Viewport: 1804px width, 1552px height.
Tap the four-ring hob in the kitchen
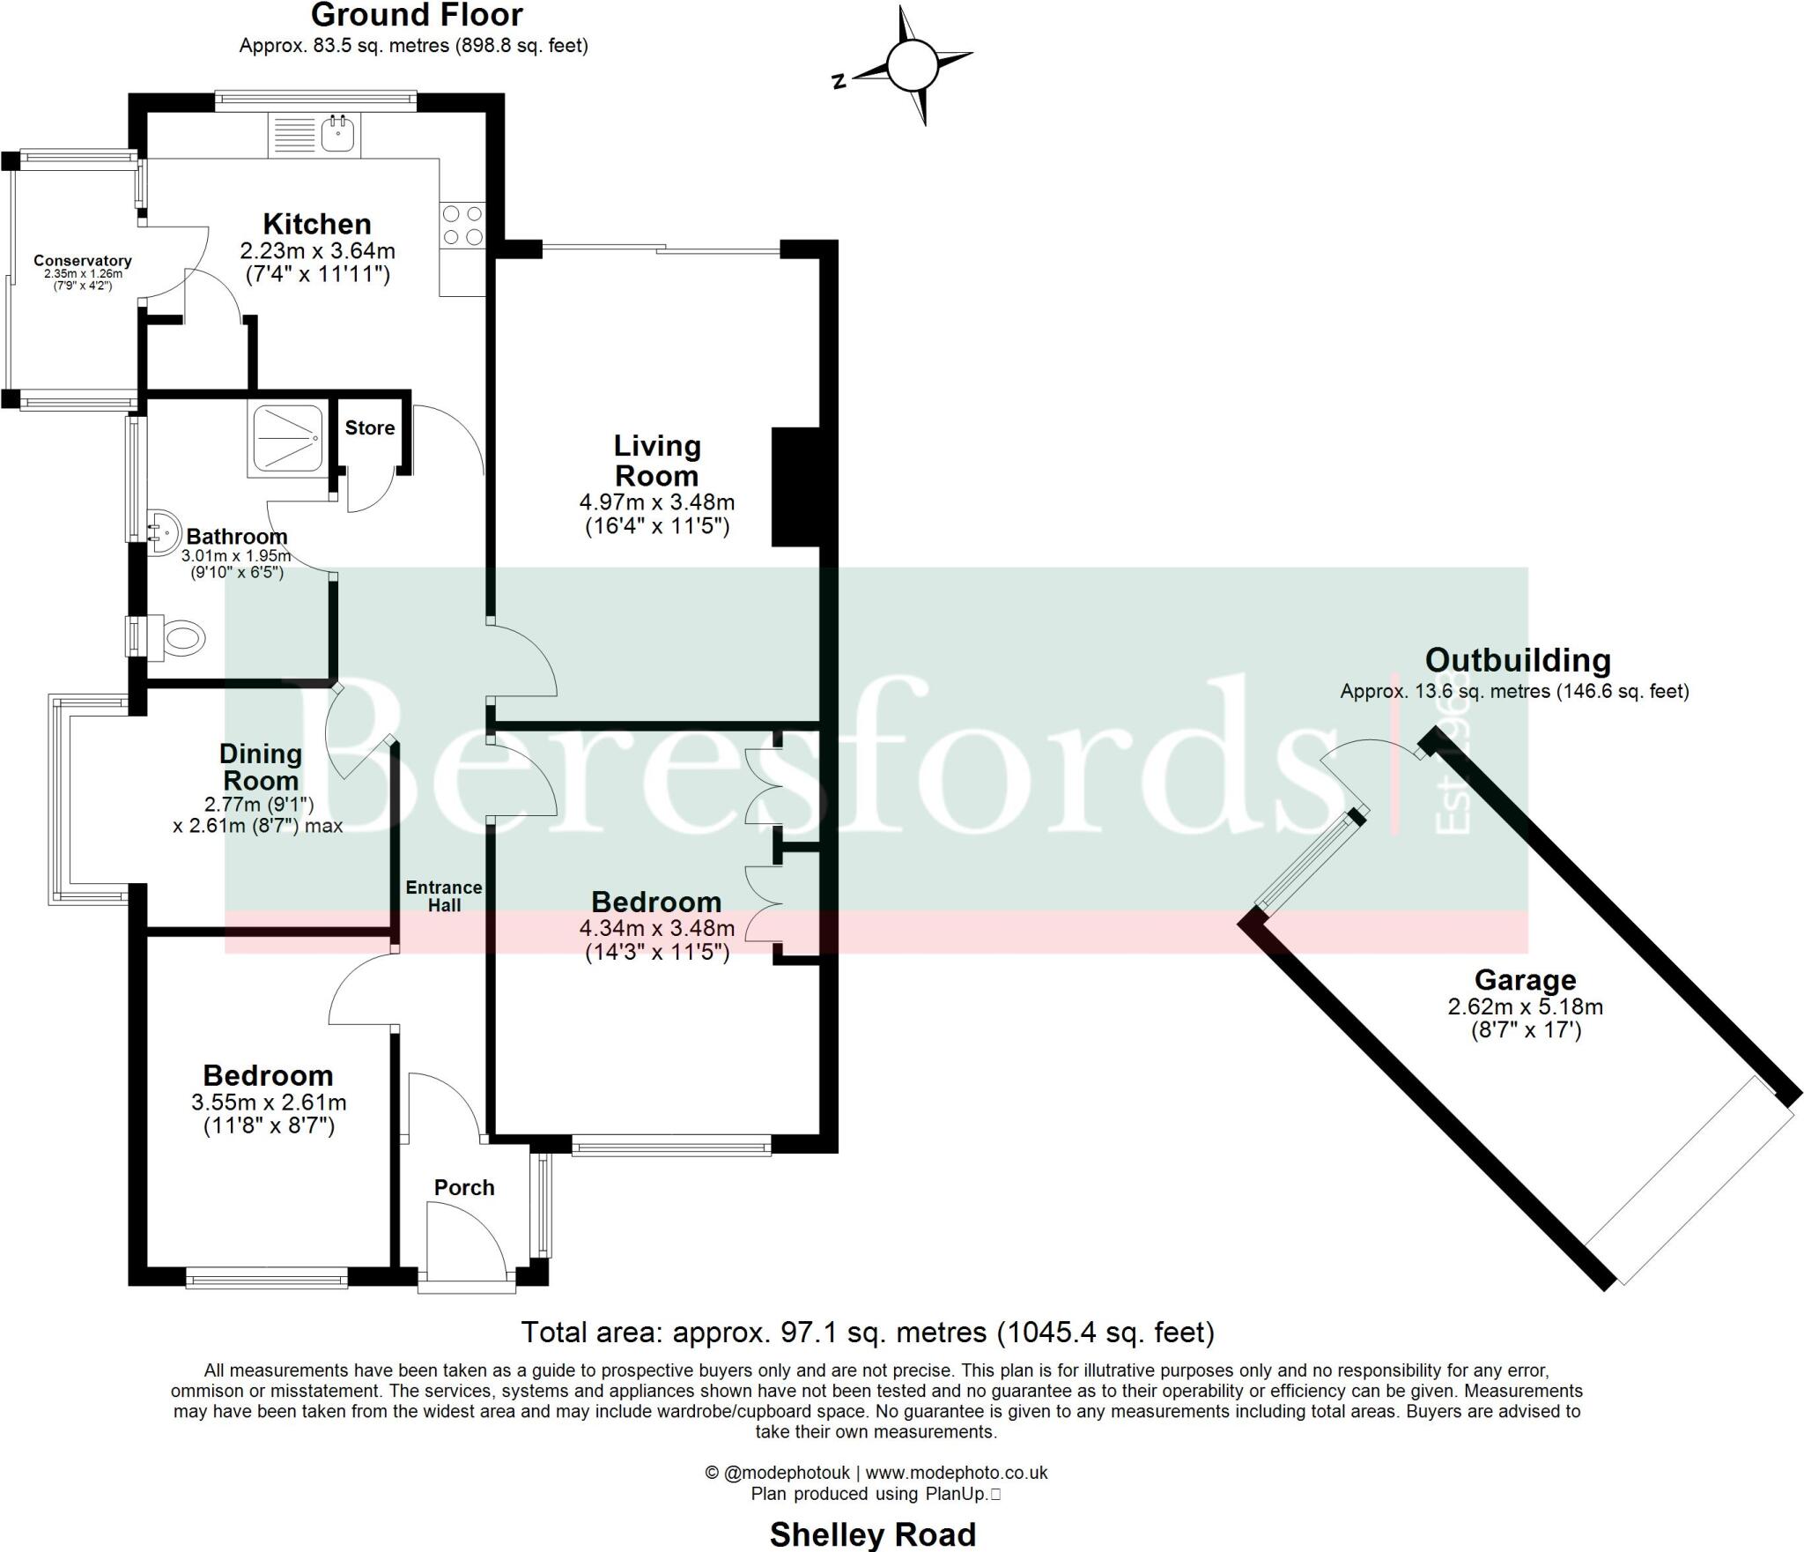click(x=462, y=225)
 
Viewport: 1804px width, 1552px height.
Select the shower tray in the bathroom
click(x=288, y=441)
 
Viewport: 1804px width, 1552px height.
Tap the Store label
click(x=369, y=428)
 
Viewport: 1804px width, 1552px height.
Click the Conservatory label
click(x=83, y=261)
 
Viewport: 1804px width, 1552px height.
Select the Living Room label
click(x=657, y=461)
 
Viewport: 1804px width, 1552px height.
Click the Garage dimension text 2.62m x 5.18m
click(x=1525, y=1006)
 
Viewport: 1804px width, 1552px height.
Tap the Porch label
click(x=464, y=1188)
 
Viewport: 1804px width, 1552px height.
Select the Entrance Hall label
click(x=444, y=895)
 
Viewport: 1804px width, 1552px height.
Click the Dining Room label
click(x=261, y=767)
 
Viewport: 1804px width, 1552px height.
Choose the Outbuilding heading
click(x=1518, y=660)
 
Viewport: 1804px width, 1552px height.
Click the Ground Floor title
click(x=417, y=15)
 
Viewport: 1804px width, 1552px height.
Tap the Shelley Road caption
click(x=872, y=1534)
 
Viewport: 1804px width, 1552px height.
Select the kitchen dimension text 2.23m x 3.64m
click(x=317, y=251)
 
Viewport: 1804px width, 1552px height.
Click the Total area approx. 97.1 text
click(x=868, y=1332)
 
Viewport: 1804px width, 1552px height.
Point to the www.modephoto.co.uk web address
click(x=957, y=1473)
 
